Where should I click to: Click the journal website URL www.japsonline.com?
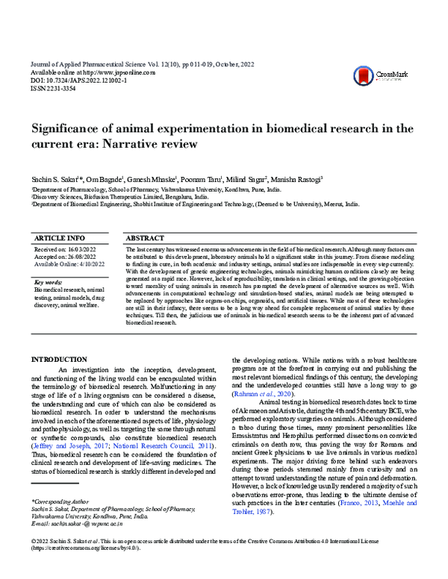pyautogui.click(x=122, y=72)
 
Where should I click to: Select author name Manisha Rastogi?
pyautogui.click(x=297, y=180)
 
